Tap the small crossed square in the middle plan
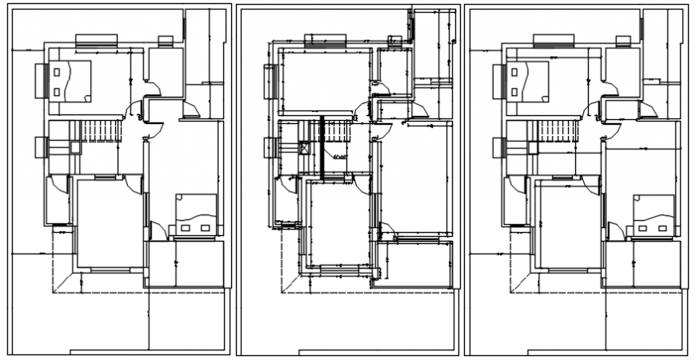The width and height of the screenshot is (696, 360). click(x=305, y=148)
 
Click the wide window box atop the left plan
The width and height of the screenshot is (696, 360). click(x=98, y=39)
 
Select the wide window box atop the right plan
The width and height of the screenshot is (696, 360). click(x=555, y=39)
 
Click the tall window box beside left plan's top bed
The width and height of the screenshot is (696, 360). click(x=38, y=80)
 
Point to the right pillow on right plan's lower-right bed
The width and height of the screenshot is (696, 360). click(x=663, y=229)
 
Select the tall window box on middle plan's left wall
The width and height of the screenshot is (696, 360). click(x=268, y=80)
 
